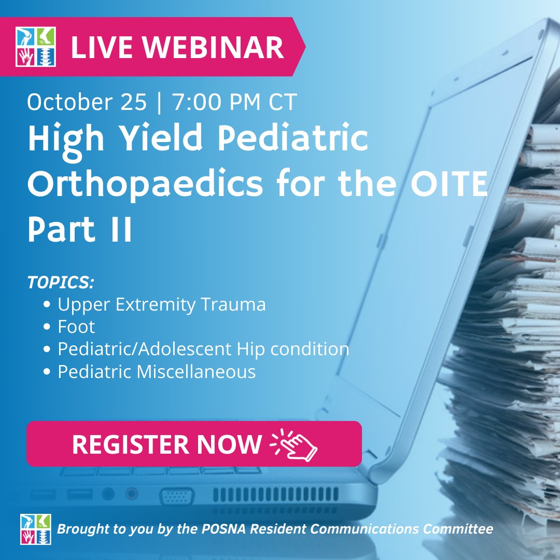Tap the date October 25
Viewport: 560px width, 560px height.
point(87,102)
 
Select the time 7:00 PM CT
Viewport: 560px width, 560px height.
point(234,102)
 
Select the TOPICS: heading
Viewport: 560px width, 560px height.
point(61,283)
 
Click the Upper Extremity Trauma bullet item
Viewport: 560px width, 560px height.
point(161,304)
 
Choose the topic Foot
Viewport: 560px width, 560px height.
point(76,327)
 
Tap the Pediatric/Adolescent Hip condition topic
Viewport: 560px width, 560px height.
point(203,349)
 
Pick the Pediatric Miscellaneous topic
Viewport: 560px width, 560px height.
point(156,371)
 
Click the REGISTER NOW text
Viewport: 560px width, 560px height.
point(166,444)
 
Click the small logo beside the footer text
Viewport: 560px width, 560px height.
point(36,529)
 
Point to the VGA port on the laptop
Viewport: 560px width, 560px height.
point(176,495)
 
